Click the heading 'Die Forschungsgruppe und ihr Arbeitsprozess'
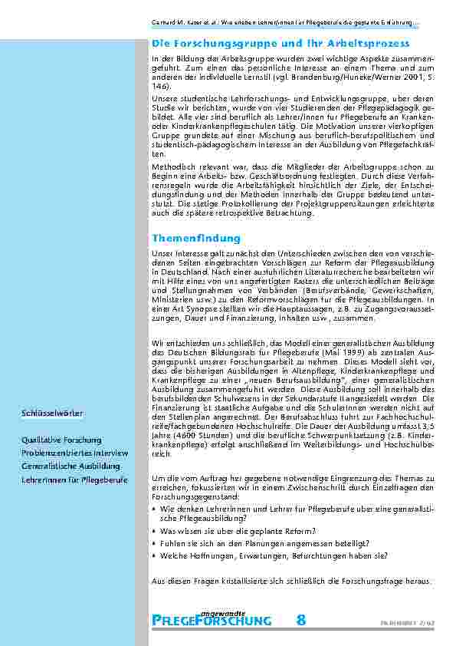coord(280,44)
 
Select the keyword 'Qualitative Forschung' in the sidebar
coord(62,440)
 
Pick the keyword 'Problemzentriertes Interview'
coord(75,453)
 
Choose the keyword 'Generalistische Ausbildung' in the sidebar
coord(71,466)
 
